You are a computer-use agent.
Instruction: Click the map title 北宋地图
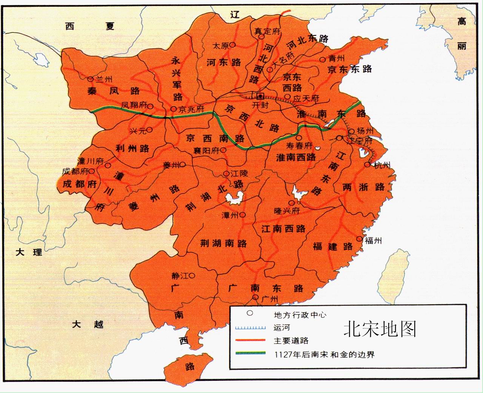[x=380, y=329]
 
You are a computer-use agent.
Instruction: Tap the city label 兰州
[x=104, y=79]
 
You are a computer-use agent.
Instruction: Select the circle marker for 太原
[x=232, y=45]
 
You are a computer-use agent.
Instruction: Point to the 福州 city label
[x=373, y=240]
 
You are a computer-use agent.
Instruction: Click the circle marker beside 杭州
[x=367, y=165]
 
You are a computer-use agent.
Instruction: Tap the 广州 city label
[x=269, y=299]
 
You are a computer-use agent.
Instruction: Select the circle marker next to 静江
[x=192, y=275]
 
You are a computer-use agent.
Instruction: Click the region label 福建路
[x=332, y=247]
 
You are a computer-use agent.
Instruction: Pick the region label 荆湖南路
[x=223, y=243]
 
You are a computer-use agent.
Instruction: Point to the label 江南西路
[x=283, y=229]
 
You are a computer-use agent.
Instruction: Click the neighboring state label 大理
[x=29, y=252]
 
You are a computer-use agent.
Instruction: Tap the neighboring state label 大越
[x=88, y=324]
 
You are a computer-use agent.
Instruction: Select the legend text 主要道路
[x=291, y=340]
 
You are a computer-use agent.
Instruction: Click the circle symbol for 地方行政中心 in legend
[x=249, y=313]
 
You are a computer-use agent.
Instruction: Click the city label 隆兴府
[x=287, y=211]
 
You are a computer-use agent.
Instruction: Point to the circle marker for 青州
[x=323, y=59]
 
